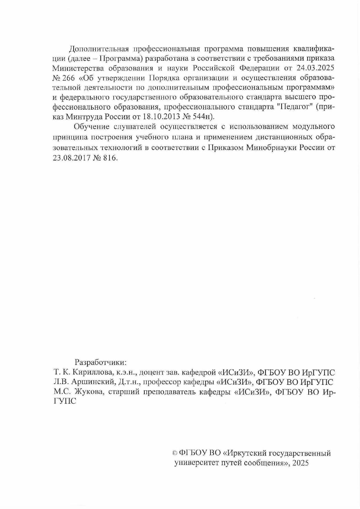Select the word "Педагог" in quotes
[x=293, y=107]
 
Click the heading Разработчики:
[x=101, y=362]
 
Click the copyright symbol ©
[x=175, y=453]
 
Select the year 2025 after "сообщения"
[x=301, y=463]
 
